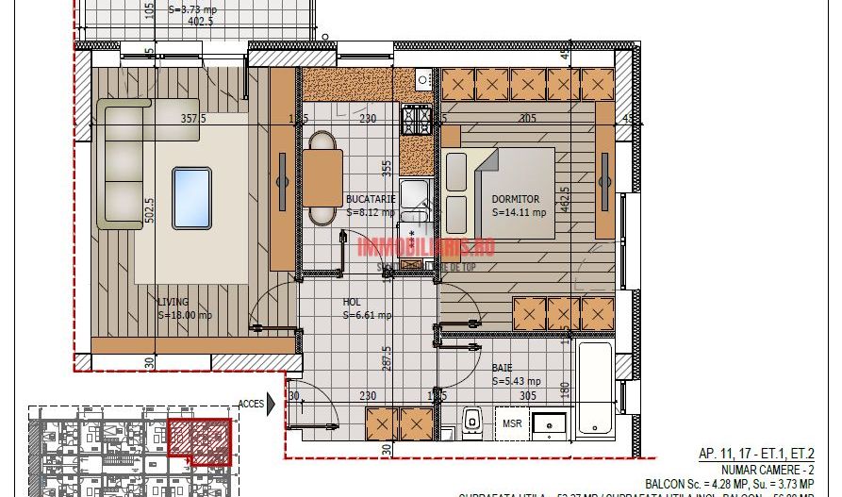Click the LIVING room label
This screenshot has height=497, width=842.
pyautogui.click(x=172, y=302)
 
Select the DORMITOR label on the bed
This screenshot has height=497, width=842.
pyautogui.click(x=515, y=199)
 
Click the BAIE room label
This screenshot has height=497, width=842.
pyautogui.click(x=502, y=369)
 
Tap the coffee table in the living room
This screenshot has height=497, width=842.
pyautogui.click(x=191, y=186)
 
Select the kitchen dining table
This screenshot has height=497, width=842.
pyautogui.click(x=322, y=178)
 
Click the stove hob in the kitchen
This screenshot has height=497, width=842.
pyautogui.click(x=418, y=120)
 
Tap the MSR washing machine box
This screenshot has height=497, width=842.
pyautogui.click(x=511, y=423)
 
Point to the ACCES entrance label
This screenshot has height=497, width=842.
pyautogui.click(x=252, y=402)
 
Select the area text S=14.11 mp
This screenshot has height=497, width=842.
pyautogui.click(x=520, y=213)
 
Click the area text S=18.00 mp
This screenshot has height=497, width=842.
pyautogui.click(x=185, y=315)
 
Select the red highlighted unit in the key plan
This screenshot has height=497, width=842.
pyautogui.click(x=199, y=439)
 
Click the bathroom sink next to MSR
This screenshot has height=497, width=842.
pyautogui.click(x=547, y=424)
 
